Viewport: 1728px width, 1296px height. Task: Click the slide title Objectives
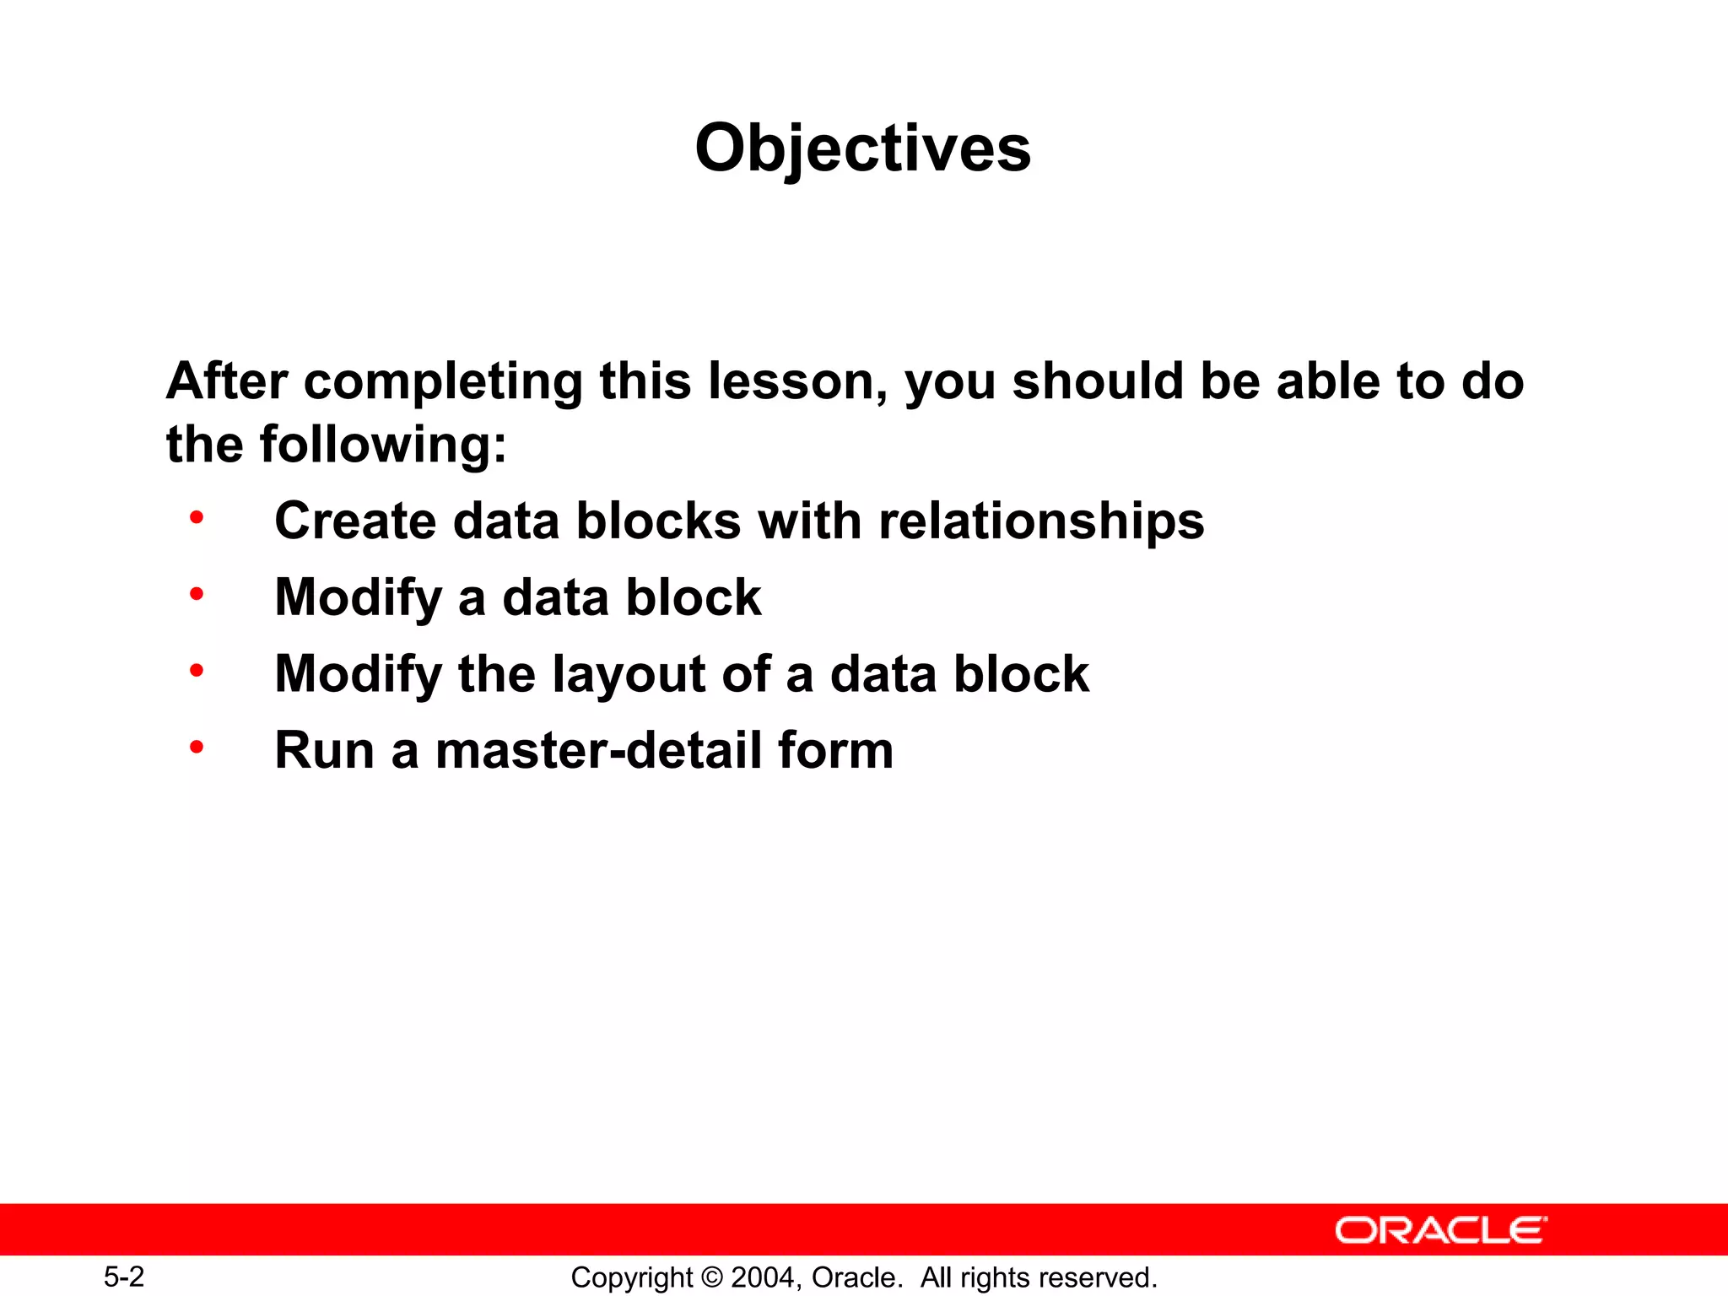point(862,148)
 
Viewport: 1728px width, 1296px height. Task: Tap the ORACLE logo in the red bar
point(1440,1230)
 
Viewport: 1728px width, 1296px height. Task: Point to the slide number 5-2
point(124,1277)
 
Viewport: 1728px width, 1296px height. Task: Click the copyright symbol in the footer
point(712,1277)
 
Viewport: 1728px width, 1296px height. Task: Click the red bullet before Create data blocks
point(197,517)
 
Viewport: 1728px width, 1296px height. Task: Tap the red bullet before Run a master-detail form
point(197,747)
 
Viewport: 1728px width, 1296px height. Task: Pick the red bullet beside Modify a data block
point(197,594)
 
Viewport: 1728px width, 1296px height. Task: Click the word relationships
point(1041,521)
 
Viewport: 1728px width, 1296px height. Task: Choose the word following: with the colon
point(383,445)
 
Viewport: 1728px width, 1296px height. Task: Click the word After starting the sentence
point(227,381)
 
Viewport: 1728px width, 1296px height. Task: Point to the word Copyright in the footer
point(632,1277)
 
